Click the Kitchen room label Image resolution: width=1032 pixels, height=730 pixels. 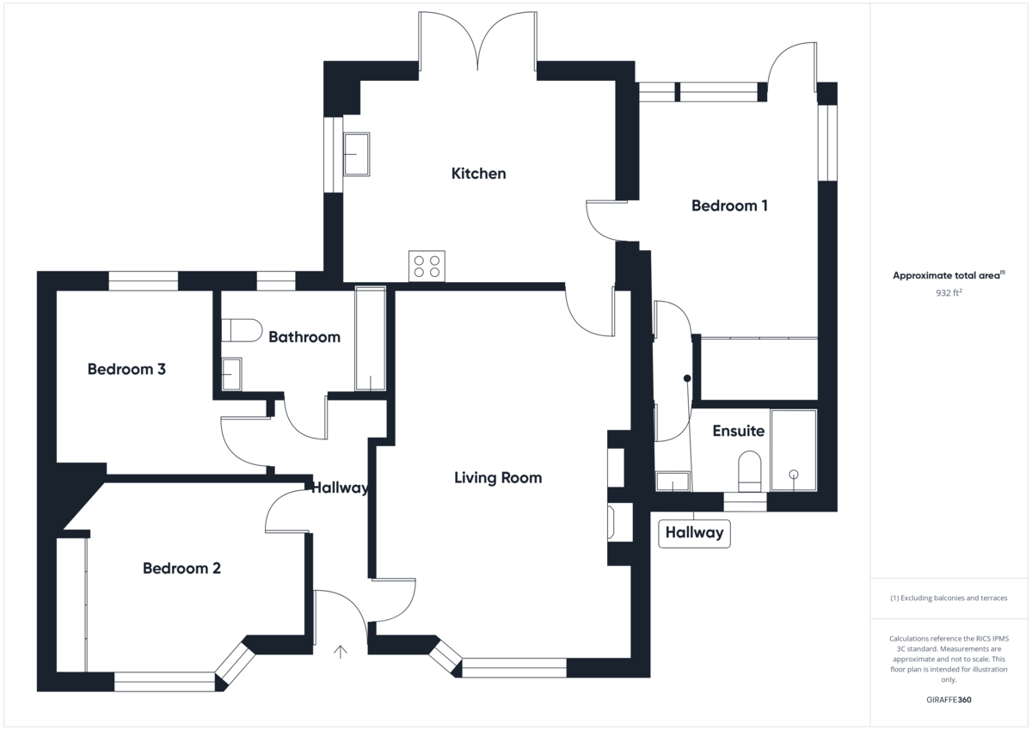478,174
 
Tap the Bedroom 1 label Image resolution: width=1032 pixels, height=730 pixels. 729,206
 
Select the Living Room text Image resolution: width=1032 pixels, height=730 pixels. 498,477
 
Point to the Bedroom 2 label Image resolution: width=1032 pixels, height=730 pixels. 181,568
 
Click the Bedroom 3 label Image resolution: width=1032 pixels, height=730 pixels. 126,369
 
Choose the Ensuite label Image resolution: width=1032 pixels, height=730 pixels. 738,431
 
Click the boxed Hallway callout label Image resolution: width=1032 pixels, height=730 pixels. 694,533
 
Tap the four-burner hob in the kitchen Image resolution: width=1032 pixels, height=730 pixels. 427,267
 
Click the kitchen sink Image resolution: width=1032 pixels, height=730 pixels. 357,154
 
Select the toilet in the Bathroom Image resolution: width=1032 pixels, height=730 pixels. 242,330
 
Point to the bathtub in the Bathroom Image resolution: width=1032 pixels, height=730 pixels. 370,339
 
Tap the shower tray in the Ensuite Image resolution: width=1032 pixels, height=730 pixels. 793,450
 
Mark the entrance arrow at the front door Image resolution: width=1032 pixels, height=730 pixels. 340,652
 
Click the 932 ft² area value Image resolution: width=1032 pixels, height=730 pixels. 949,292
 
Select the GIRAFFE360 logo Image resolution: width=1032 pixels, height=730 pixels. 949,700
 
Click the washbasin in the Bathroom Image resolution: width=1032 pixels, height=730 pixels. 231,374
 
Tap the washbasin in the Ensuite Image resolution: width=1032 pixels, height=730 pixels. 673,482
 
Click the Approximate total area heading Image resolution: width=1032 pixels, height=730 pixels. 949,275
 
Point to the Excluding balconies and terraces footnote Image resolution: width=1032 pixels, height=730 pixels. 949,598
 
